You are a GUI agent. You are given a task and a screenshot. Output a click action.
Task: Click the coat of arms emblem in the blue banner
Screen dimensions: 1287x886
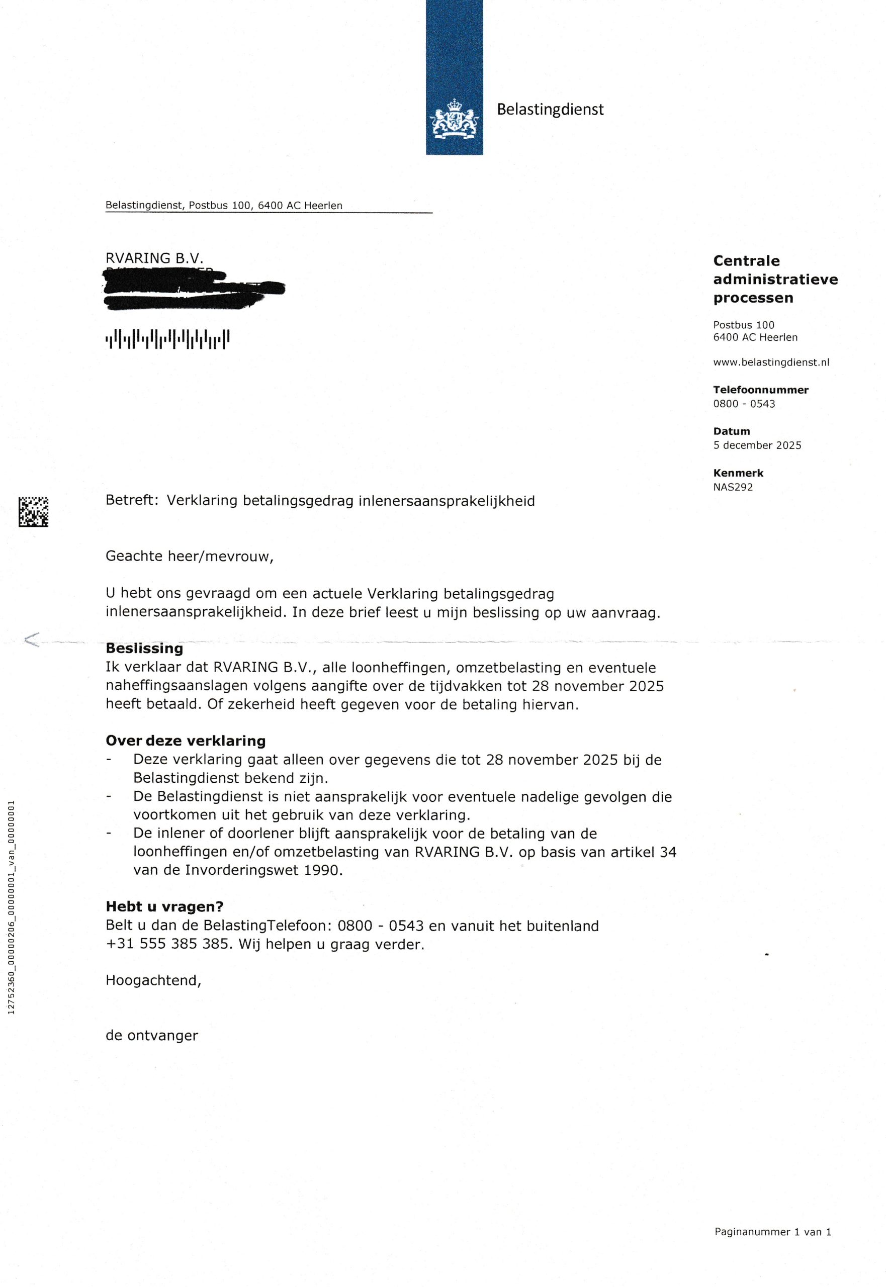tap(454, 118)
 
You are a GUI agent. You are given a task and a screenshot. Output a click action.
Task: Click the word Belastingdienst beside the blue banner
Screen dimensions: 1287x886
tap(550, 109)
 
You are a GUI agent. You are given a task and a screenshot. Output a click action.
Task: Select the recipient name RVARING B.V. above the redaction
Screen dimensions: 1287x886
tap(154, 258)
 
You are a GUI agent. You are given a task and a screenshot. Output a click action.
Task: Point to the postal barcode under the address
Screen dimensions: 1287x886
tap(167, 338)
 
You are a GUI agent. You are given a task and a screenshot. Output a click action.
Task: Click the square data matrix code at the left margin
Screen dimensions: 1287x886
tap(33, 511)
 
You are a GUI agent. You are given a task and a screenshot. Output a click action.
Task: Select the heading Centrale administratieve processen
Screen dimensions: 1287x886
tap(775, 279)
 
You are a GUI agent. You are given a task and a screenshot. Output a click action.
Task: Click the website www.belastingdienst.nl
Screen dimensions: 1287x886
tap(771, 362)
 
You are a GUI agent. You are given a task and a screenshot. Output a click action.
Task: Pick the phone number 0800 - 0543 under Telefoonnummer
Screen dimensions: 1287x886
tap(744, 404)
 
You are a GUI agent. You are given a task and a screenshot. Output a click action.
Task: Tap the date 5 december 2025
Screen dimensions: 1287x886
tap(757, 445)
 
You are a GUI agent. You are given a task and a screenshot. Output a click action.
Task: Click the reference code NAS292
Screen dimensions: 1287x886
tap(733, 487)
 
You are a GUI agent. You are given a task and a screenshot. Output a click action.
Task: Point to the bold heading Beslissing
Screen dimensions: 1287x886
tap(144, 648)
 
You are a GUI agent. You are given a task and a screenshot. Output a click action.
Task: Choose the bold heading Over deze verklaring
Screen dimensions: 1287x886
tap(186, 741)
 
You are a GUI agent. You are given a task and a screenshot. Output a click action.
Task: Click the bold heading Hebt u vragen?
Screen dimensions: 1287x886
tap(164, 906)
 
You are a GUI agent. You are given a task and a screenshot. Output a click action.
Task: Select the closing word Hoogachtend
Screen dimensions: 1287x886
tap(153, 981)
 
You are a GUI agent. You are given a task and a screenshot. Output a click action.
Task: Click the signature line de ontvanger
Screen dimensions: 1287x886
tap(151, 1035)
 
